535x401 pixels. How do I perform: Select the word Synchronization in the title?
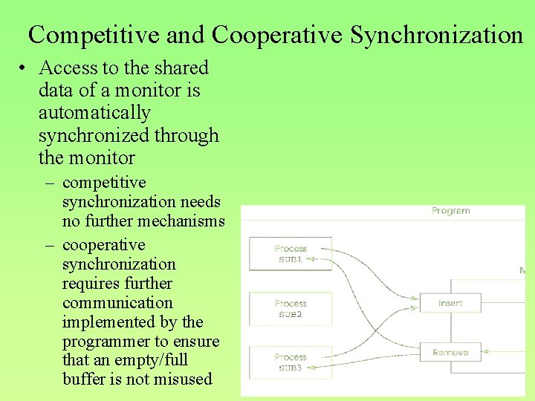click(437, 35)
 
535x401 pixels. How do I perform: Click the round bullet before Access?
click(25, 68)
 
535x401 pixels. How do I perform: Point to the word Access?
click(68, 68)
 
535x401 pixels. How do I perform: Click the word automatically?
click(94, 114)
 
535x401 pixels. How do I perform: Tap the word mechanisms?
click(180, 221)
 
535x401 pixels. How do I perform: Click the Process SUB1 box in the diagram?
click(290, 254)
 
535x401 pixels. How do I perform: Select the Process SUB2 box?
click(290, 309)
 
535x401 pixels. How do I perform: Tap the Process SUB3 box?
click(290, 362)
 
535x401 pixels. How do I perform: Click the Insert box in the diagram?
click(450, 303)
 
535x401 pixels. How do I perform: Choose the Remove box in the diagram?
click(450, 352)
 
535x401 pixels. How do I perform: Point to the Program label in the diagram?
click(450, 211)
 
